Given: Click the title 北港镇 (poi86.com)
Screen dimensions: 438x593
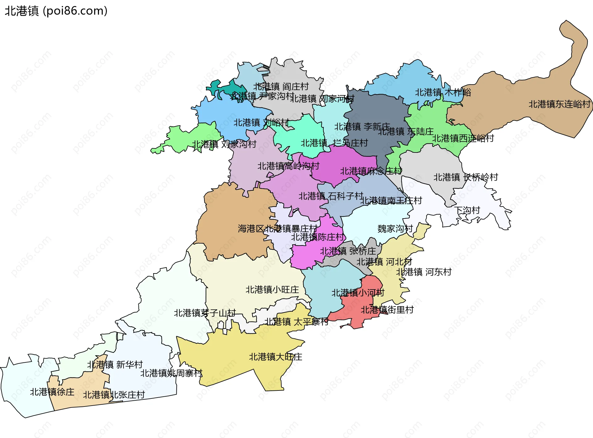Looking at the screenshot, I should (56, 11).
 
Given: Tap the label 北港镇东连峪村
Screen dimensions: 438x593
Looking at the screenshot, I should (559, 104).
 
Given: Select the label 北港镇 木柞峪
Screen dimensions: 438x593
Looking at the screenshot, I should (443, 92).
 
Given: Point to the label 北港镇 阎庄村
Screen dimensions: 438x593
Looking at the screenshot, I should (281, 86).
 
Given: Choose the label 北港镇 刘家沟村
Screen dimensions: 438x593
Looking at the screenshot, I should (224, 144).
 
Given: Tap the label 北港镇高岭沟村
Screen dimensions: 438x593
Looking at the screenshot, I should (288, 166).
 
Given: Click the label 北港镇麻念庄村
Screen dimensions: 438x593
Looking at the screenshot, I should (371, 171).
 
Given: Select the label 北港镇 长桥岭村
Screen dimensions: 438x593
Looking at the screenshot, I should (465, 177).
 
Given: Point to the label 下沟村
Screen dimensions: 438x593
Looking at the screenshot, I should (467, 211).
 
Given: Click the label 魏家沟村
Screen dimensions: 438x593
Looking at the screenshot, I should (395, 229).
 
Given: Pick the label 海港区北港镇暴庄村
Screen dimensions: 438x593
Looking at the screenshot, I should (277, 229).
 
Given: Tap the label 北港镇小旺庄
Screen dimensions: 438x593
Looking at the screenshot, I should (272, 290).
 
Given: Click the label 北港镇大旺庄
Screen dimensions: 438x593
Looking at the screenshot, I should (275, 357).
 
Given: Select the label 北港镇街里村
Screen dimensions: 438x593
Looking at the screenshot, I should (387, 310).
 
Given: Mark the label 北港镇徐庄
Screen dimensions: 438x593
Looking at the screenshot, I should (52, 392).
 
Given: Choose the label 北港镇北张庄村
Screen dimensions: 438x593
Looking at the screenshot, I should (114, 395).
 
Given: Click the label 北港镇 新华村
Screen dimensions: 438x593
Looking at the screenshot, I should (115, 365).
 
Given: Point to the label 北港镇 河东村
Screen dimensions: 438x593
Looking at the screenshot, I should (423, 272).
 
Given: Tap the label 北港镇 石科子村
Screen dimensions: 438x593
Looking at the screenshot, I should (330, 196).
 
